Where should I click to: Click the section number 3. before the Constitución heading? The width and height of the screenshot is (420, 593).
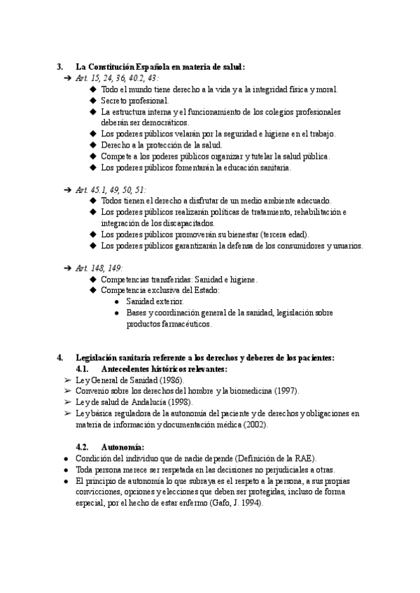[59, 67]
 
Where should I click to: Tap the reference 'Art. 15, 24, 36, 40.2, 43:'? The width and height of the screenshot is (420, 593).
[115, 78]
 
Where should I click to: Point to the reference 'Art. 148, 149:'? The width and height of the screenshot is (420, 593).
[99, 268]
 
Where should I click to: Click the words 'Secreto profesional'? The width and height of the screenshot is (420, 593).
[134, 101]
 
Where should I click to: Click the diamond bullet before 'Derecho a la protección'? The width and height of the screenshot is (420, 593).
[94, 145]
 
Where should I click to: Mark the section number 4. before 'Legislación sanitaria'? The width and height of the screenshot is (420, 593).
[59, 357]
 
